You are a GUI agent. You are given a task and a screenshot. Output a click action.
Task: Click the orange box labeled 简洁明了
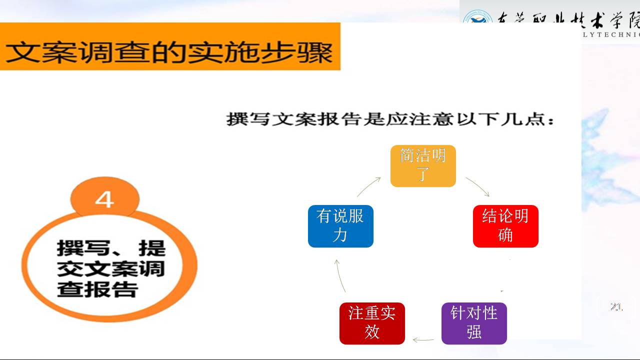click(x=423, y=166)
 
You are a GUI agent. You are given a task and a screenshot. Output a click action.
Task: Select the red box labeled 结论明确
click(x=505, y=226)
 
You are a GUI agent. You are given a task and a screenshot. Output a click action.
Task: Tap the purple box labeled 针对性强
click(x=474, y=323)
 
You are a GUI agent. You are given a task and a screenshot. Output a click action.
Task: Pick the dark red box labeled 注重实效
click(x=372, y=323)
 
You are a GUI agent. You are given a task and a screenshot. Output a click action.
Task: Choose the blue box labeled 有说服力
click(x=340, y=226)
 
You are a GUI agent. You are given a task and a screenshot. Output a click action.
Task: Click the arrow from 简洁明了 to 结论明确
click(x=477, y=186)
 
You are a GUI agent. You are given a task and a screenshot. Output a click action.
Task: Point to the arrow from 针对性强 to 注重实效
click(x=423, y=340)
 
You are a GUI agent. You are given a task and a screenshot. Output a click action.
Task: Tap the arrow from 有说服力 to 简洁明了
click(x=369, y=186)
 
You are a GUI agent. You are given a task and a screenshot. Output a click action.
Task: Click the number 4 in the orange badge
click(x=104, y=200)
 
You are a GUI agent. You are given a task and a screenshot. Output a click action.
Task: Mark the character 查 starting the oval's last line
click(x=68, y=289)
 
